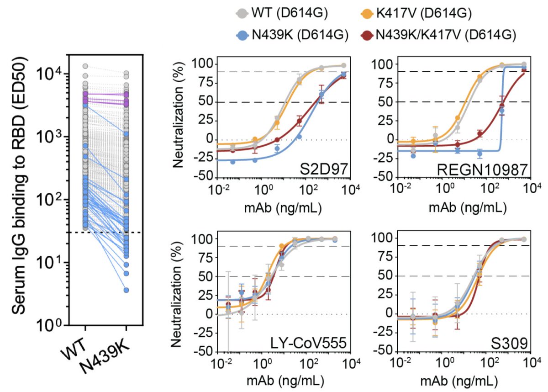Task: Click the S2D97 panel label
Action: pos(328,170)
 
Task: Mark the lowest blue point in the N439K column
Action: pos(126,290)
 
